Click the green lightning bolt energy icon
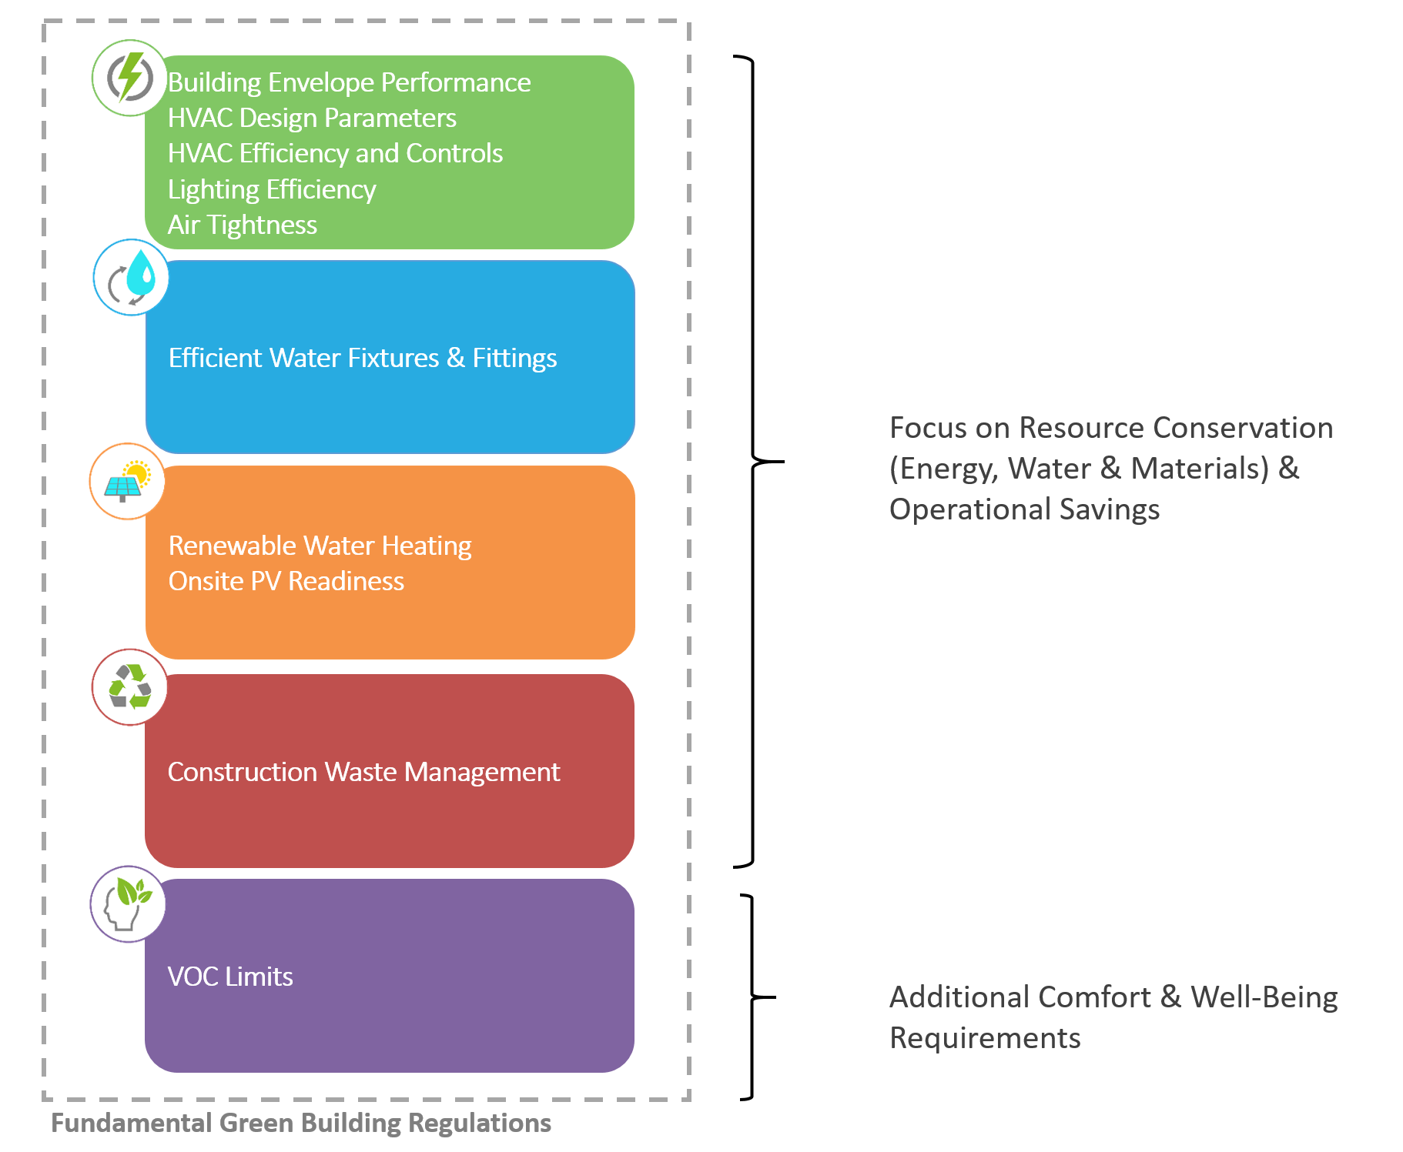pos(130,78)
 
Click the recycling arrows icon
pos(130,686)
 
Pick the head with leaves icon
pos(129,903)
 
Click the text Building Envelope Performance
pos(349,82)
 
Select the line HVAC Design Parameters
pos(312,118)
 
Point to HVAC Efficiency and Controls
pos(335,153)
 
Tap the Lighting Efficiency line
pos(272,189)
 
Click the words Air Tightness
pos(243,225)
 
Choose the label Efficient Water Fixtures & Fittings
pos(363,358)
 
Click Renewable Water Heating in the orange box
pos(320,546)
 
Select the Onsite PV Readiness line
pos(286,581)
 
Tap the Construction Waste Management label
pos(363,772)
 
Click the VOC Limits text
pos(230,977)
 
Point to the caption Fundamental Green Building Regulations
pos(301,1123)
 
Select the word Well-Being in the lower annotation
pos(1264,997)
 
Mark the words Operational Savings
pos(1024,509)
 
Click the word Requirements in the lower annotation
pos(985,1038)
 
